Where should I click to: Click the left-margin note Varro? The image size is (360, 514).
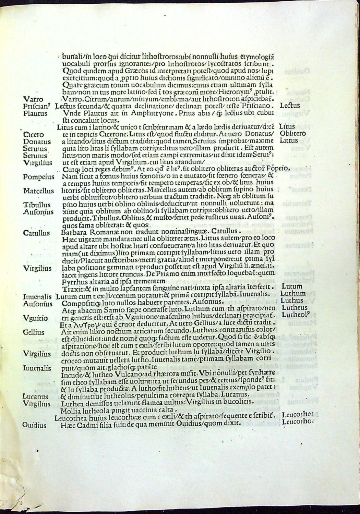33,99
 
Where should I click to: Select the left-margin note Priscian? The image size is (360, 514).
37,106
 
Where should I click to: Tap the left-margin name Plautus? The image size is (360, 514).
36,113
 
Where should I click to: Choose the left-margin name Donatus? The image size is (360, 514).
37,142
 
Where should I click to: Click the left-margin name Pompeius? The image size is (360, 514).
39,177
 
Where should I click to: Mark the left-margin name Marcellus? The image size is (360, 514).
39,191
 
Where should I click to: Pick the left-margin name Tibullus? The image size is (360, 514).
37,205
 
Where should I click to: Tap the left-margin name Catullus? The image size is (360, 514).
37,233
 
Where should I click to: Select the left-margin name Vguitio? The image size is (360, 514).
36,318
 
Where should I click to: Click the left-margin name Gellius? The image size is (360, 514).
34,332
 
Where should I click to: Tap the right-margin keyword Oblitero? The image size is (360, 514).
292,134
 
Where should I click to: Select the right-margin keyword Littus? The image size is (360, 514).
289,140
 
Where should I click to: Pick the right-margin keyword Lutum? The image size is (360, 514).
291,286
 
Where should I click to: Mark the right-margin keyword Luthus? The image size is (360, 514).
292,301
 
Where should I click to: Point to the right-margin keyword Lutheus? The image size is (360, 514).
294,307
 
